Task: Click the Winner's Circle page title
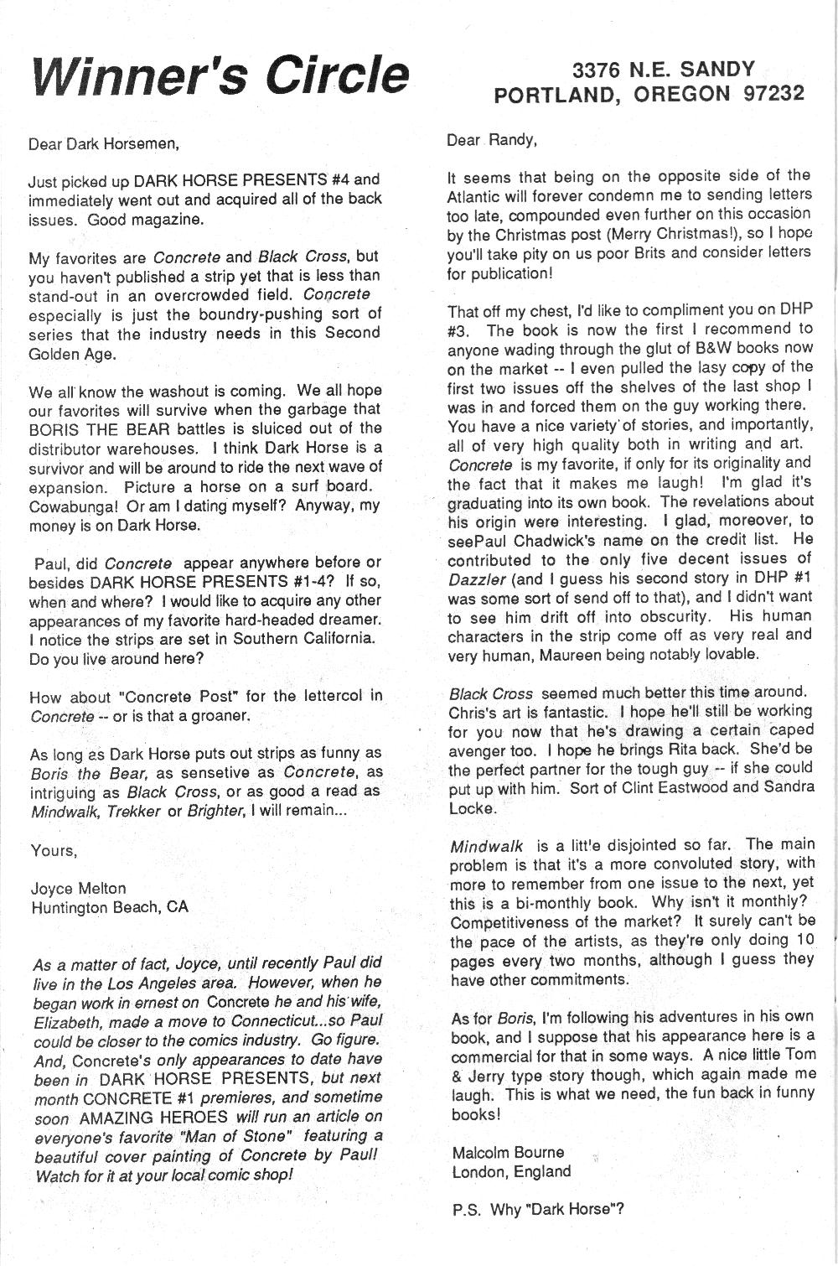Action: [220, 75]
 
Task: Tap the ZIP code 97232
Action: [773, 94]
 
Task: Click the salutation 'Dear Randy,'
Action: [491, 140]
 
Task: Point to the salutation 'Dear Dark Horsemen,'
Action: [104, 143]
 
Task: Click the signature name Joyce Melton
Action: [78, 888]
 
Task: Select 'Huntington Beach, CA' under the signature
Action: [110, 907]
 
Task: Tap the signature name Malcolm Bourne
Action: [508, 1153]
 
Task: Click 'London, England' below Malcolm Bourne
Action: [511, 1172]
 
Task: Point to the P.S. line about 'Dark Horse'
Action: [536, 1209]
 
